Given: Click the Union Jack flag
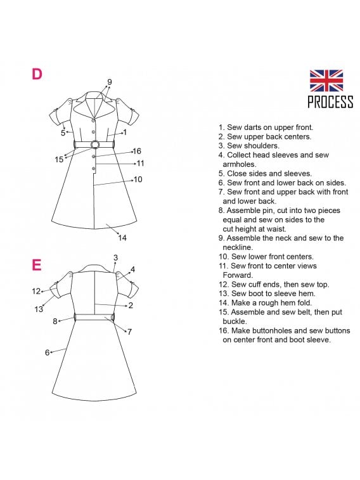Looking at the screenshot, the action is [326, 81].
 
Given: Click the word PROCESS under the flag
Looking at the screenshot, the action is [330, 102].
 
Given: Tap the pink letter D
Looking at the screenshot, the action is [37, 74].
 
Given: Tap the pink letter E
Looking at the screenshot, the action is [36, 265].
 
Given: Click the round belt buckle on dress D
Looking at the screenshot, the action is [95, 145].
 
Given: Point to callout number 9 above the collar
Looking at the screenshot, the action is [110, 82].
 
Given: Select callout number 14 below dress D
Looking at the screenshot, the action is [122, 238].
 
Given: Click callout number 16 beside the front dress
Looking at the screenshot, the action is [137, 151].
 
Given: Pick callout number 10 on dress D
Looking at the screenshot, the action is [138, 179].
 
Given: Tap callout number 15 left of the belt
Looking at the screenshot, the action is [59, 160].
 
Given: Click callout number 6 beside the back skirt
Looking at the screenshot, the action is [47, 353].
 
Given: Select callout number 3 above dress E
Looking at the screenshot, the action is [115, 258].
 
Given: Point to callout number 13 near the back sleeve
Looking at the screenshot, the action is [39, 309].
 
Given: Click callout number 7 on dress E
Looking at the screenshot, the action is [130, 332].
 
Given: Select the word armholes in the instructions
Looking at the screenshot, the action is [240, 164].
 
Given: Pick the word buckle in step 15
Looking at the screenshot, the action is [235, 321].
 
